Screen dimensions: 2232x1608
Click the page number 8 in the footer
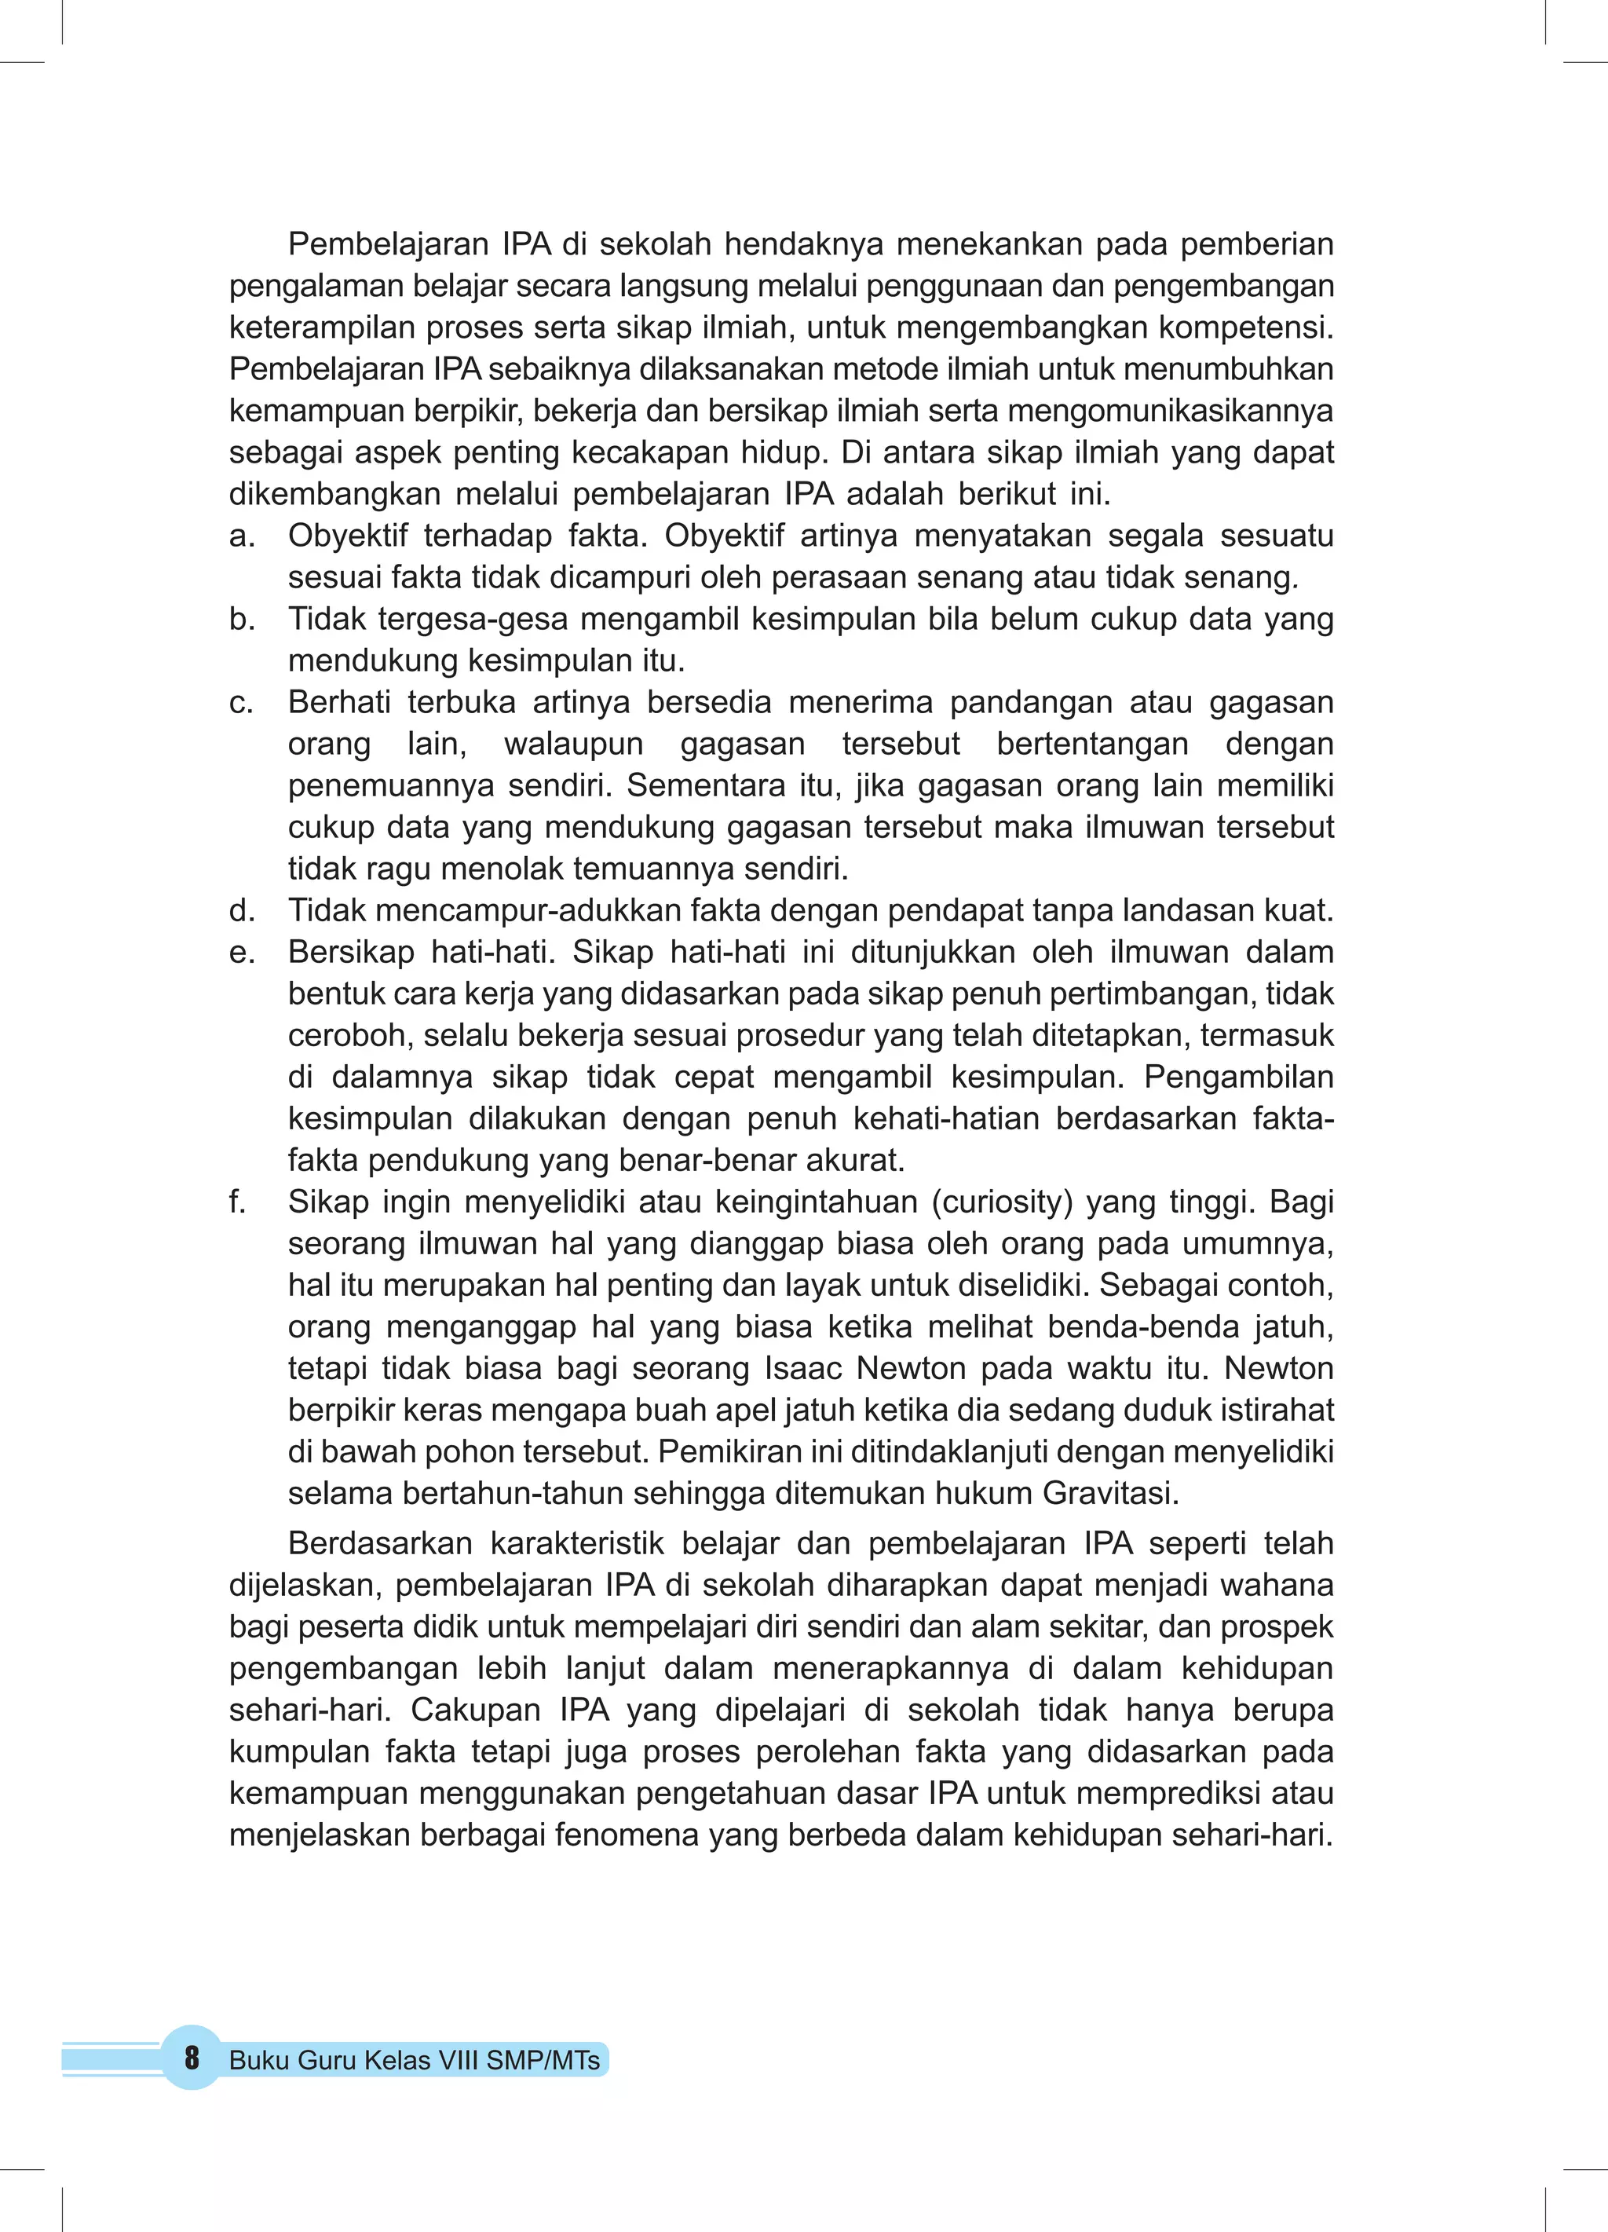tap(192, 2057)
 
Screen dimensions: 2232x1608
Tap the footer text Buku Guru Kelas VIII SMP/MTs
tap(415, 2060)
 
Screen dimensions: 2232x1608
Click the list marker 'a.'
tap(242, 536)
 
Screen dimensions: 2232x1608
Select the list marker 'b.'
tap(242, 619)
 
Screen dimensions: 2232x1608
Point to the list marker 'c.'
tap(242, 703)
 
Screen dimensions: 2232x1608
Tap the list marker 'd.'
tap(242, 911)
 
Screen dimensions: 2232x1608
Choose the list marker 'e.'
tap(242, 953)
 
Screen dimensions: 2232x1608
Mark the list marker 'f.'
tap(237, 1202)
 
